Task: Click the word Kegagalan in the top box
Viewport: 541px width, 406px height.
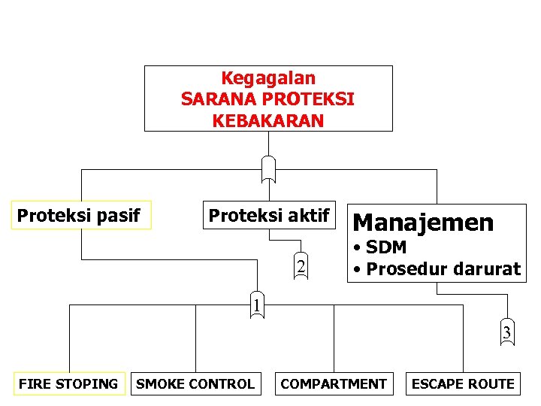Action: coord(268,78)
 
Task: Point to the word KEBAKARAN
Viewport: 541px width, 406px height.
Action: coord(268,121)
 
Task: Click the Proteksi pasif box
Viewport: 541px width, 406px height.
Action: coord(79,216)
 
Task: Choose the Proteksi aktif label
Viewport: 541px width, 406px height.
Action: coord(268,216)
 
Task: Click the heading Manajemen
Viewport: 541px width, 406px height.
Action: coord(423,223)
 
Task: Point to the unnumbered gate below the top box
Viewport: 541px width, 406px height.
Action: coord(268,168)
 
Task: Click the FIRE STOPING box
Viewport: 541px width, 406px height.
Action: coord(68,384)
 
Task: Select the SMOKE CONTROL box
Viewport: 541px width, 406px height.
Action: coord(195,384)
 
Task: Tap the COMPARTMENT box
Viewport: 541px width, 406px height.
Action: coord(334,384)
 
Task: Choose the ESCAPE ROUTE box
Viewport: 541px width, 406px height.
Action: coord(463,384)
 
